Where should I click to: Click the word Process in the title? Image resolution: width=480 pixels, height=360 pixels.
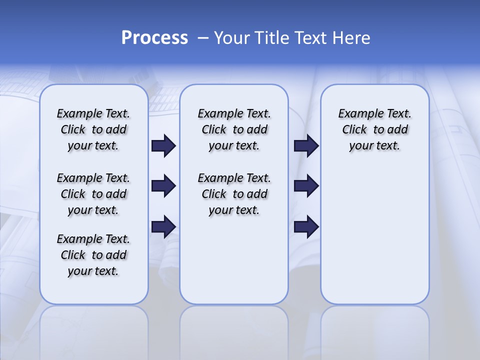coord(154,37)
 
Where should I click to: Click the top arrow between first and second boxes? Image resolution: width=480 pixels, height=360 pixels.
coord(163,146)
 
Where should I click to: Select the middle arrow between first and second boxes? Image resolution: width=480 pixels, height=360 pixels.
coord(163,186)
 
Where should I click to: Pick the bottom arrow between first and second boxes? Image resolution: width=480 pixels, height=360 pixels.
coord(163,227)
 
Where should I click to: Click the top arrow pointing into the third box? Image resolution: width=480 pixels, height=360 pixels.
coord(306,146)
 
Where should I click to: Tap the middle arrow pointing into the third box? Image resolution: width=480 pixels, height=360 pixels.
coord(306,186)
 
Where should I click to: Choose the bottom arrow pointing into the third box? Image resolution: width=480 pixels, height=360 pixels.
coord(306,227)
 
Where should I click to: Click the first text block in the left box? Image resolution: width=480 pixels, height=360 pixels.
coord(93,129)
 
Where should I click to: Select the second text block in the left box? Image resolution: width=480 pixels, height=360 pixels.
coord(93,194)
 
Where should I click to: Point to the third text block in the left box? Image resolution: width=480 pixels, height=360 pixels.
coord(93,255)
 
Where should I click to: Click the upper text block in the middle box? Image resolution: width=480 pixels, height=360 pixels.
coord(234,129)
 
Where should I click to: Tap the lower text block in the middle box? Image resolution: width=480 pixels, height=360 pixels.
coord(234,194)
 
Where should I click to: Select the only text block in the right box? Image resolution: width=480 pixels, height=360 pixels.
coord(374,129)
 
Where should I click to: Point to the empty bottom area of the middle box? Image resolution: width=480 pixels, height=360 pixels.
coord(234,265)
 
